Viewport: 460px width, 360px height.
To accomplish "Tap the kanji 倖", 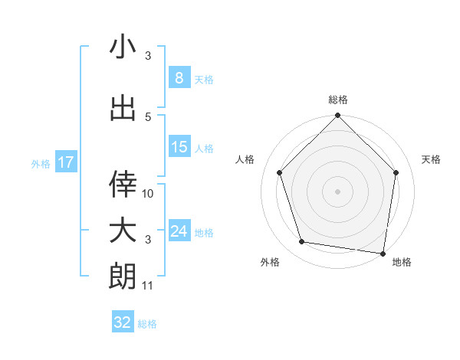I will pyautogui.click(x=123, y=182).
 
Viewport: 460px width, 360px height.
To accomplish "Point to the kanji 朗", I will pyautogui.click(x=123, y=276).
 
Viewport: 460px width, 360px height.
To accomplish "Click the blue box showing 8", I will pyautogui.click(x=179, y=78).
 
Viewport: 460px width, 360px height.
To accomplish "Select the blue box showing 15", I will pyautogui.click(x=179, y=147).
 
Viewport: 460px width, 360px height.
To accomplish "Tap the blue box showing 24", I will pyautogui.click(x=179, y=231).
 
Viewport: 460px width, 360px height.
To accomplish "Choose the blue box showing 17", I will pyautogui.click(x=65, y=162).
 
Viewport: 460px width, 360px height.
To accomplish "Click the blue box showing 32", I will pyautogui.click(x=123, y=322).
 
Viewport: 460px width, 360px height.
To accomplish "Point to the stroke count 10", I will pyautogui.click(x=148, y=194).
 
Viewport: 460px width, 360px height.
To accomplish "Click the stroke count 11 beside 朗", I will pyautogui.click(x=148, y=286).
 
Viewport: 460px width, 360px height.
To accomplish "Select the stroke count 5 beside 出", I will pyautogui.click(x=148, y=117).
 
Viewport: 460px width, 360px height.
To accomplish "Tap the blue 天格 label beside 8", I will pyautogui.click(x=204, y=79).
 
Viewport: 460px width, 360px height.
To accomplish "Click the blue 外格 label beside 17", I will pyautogui.click(x=41, y=163).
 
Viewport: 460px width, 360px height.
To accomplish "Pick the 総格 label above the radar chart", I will pyautogui.click(x=337, y=100).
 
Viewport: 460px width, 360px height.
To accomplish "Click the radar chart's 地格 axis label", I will pyautogui.click(x=402, y=262).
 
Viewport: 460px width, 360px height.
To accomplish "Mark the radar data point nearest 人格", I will pyautogui.click(x=280, y=172).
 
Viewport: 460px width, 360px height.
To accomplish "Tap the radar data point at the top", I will pyautogui.click(x=337, y=116).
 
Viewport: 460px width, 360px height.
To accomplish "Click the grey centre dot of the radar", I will pyautogui.click(x=337, y=191).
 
